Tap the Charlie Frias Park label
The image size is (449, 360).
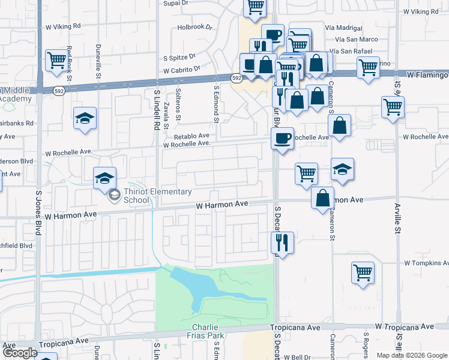pyautogui.click(x=208, y=331)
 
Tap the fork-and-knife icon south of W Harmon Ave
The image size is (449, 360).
pyautogui.click(x=282, y=242)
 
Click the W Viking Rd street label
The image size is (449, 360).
pyautogui.click(x=63, y=27)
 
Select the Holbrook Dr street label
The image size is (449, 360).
pyautogui.click(x=195, y=28)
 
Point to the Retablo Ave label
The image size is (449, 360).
pyautogui.click(x=191, y=136)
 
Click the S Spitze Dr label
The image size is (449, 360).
pyautogui.click(x=179, y=57)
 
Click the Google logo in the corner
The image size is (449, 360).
pyautogui.click(x=19, y=353)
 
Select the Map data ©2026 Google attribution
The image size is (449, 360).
pyautogui.click(x=412, y=355)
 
